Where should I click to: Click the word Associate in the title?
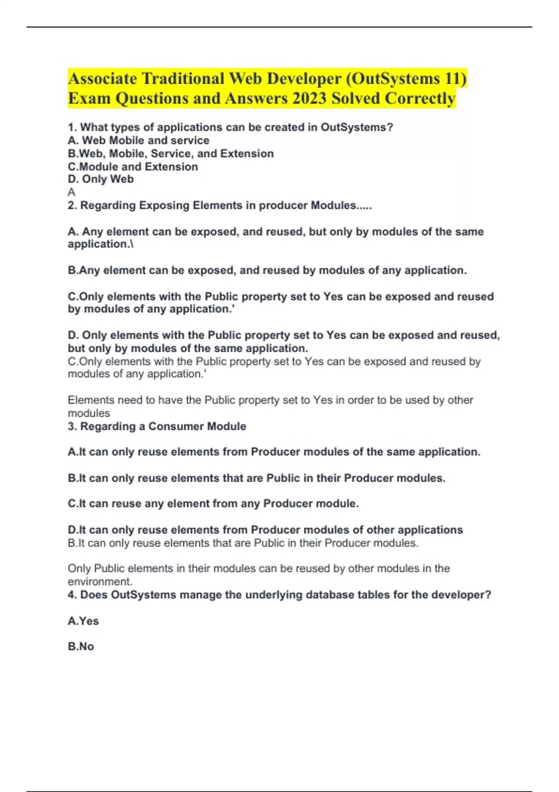(x=102, y=78)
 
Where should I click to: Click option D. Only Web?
(x=101, y=179)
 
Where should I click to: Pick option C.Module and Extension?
(x=133, y=167)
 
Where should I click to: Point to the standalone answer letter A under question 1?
(x=71, y=192)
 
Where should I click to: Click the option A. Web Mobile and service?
(x=138, y=141)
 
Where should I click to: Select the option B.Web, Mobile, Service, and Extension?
(x=170, y=154)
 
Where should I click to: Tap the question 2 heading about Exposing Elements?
(x=219, y=205)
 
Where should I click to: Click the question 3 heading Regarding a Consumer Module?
(x=157, y=426)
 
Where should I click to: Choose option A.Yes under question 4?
(x=83, y=621)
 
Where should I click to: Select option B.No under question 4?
(x=81, y=647)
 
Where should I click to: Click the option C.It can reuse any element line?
(x=213, y=504)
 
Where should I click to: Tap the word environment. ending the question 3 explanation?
(x=100, y=581)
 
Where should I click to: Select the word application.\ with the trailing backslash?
(x=101, y=244)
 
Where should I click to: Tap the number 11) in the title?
(x=456, y=78)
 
